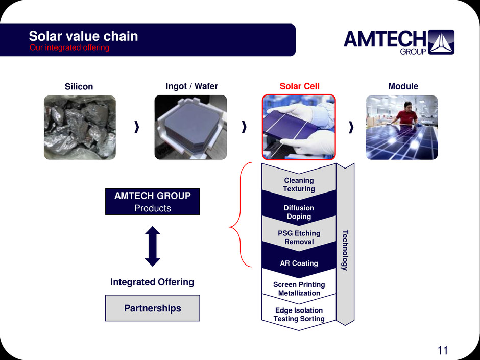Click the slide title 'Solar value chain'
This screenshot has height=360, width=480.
pos(83,36)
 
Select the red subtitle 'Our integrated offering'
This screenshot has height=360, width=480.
pos(69,47)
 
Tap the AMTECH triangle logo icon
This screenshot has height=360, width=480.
pos(441,42)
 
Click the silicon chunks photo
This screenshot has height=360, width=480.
pos(80,127)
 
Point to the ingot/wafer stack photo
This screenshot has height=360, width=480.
pos(190,127)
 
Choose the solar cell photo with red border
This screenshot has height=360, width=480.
pos(299,127)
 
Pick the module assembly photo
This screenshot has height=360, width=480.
pos(401,127)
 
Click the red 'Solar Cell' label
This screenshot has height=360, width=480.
pos(299,86)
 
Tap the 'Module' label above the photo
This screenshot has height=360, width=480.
pos(403,86)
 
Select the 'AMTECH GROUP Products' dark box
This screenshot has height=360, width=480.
pos(152,202)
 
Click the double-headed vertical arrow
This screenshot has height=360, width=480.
pos(153,246)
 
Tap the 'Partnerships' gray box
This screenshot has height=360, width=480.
pos(152,308)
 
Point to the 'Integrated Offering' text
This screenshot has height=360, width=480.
pos(152,282)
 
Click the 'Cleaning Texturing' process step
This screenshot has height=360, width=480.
pos(299,184)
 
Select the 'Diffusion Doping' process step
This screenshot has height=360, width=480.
pos(299,212)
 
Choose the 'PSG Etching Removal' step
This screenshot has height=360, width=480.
pos(299,237)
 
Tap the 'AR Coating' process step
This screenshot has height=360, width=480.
pos(299,263)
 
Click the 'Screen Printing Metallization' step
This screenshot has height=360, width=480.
pos(299,289)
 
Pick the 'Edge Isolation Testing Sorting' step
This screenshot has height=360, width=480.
pos(299,315)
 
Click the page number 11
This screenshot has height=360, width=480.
pos(442,350)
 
